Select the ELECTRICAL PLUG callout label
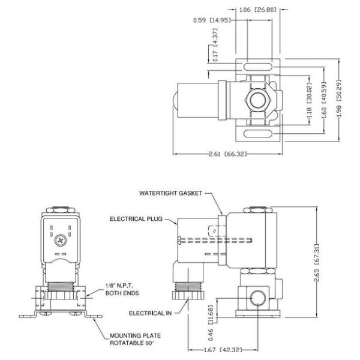(x=136, y=219)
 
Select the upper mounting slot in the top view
(x=259, y=67)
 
